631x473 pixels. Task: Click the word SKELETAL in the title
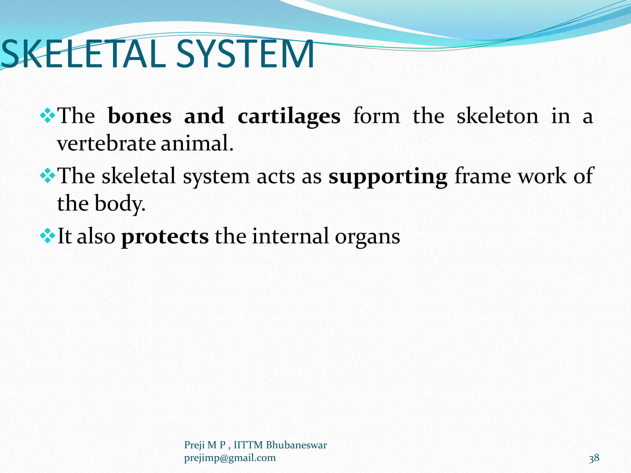[x=83, y=55]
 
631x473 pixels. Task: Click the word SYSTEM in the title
[x=245, y=55]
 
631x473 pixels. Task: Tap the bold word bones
[x=140, y=116]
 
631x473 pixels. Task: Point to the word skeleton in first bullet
[x=497, y=116]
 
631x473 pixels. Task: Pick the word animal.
[x=197, y=144]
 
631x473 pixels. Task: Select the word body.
[x=120, y=204]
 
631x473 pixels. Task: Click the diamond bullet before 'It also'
[x=48, y=236]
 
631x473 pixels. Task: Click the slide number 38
[x=594, y=458]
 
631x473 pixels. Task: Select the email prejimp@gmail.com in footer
[x=230, y=458]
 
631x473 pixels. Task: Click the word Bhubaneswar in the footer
[x=296, y=445]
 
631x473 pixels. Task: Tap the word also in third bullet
[x=96, y=236]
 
